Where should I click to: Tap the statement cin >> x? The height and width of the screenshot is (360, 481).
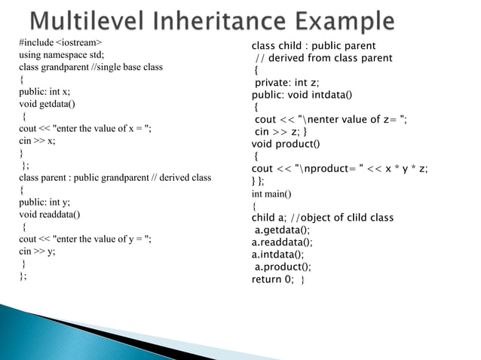[x=37, y=140]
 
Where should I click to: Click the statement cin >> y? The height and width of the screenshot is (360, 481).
[x=37, y=252]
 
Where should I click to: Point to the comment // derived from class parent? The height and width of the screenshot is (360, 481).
[x=323, y=58]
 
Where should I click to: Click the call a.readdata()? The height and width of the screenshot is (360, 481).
[x=282, y=243]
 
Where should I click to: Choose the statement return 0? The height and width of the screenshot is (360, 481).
[x=272, y=279]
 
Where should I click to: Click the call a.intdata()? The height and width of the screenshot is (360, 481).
[x=278, y=255]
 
